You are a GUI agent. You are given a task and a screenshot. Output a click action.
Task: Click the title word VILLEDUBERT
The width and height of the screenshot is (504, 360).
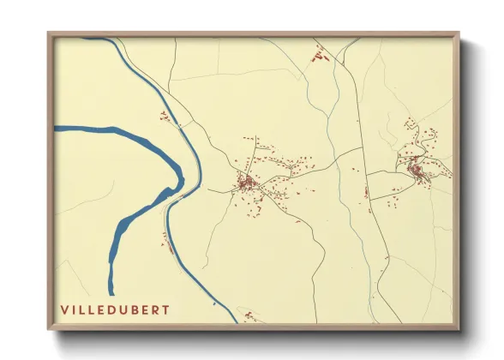[115, 309]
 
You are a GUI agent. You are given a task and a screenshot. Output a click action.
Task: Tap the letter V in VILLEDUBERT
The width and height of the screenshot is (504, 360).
[64, 309]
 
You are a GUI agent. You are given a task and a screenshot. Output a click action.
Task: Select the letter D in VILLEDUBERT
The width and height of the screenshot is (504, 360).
[110, 309]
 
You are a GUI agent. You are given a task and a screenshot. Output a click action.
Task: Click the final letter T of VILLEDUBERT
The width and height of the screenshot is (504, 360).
[165, 309]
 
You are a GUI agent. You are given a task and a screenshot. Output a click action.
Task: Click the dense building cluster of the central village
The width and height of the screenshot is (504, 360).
[246, 183]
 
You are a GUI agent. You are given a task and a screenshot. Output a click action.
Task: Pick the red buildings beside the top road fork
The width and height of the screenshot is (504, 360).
[320, 57]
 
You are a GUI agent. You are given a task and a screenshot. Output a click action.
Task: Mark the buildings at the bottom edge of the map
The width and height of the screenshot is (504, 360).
[249, 317]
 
